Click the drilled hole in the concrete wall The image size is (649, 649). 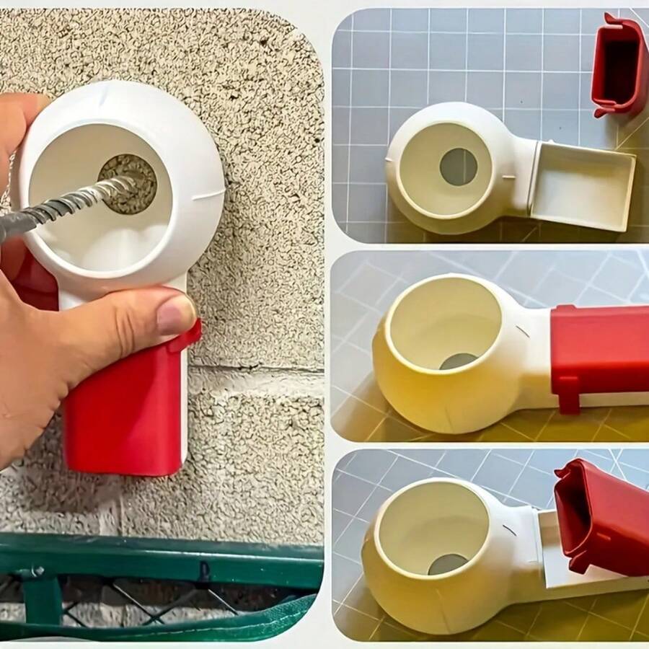(133, 180)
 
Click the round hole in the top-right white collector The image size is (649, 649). (459, 167)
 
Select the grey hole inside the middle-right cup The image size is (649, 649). (457, 361)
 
